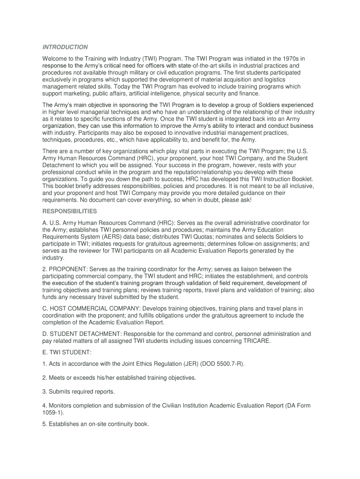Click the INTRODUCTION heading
(65, 47)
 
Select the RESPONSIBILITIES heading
(70, 211)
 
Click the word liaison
(253, 269)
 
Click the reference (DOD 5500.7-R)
(219, 364)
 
